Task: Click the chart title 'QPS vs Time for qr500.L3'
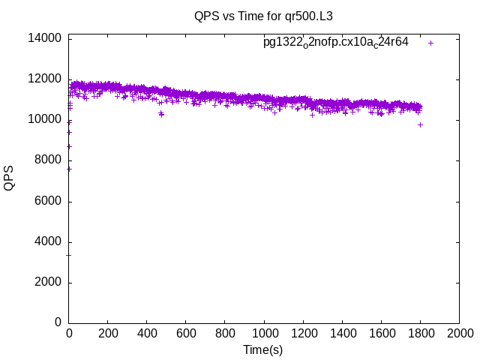pyautogui.click(x=262, y=16)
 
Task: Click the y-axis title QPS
pyautogui.click(x=10, y=178)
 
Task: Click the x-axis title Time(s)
pyautogui.click(x=262, y=349)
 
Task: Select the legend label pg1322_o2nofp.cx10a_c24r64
pyautogui.click(x=336, y=42)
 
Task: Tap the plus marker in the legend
pyautogui.click(x=430, y=43)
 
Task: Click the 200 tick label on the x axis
pyautogui.click(x=108, y=334)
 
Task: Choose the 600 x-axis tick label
pyautogui.click(x=186, y=334)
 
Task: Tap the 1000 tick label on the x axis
pyautogui.click(x=264, y=334)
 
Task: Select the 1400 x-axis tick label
pyautogui.click(x=342, y=334)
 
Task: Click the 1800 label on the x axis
pyautogui.click(x=420, y=334)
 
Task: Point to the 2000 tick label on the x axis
pyautogui.click(x=459, y=334)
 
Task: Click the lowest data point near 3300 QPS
pyautogui.click(x=69, y=255)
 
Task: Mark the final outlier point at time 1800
pyautogui.click(x=420, y=124)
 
